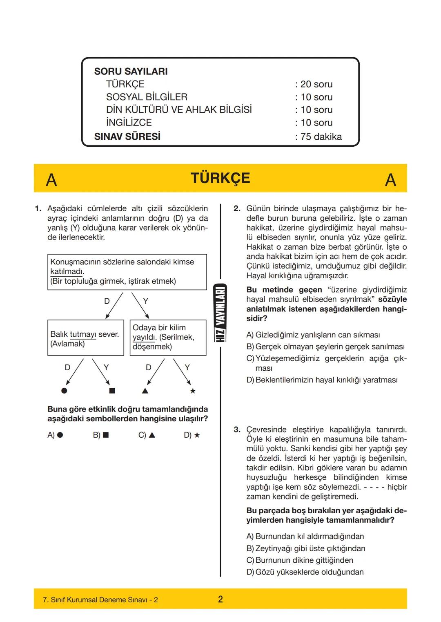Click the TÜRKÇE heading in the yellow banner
pyautogui.click(x=220, y=178)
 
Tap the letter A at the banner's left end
pyautogui.click(x=51, y=180)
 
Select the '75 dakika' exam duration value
pyautogui.click(x=321, y=136)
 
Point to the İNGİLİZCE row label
pyautogui.click(x=129, y=123)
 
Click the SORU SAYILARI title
pyautogui.click(x=131, y=71)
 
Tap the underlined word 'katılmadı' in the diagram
pyautogui.click(x=67, y=272)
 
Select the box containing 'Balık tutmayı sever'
pyautogui.click(x=85, y=338)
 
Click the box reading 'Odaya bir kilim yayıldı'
pyautogui.click(x=168, y=338)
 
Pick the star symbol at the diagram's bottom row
pyautogui.click(x=193, y=391)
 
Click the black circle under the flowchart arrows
pyautogui.click(x=64, y=391)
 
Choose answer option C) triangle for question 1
pyautogui.click(x=147, y=435)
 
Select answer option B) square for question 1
pyautogui.click(x=101, y=435)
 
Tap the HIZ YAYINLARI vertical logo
pyautogui.click(x=220, y=313)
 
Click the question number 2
pyautogui.click(x=237, y=209)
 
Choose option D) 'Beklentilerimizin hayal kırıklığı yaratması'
pyautogui.click(x=322, y=380)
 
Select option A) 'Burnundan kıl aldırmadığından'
pyautogui.click(x=305, y=536)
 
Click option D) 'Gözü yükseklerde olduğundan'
pyautogui.click(x=305, y=572)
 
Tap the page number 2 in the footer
pyautogui.click(x=220, y=599)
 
